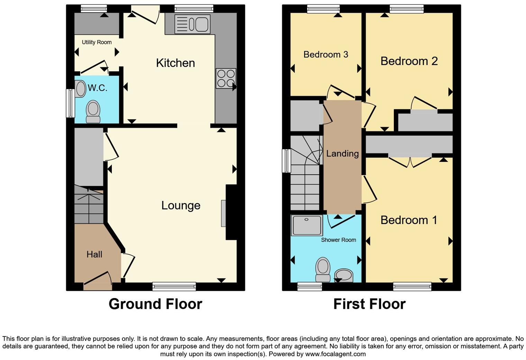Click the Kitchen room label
175,63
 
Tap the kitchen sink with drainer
192,24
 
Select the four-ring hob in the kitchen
226,79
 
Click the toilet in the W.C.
93,112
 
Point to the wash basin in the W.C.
80,89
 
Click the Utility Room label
97,42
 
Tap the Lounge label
181,205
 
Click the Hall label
94,255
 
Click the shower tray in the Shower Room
307,225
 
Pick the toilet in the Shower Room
323,269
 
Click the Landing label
342,154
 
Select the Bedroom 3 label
326,55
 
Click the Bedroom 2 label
409,61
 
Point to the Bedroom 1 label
409,220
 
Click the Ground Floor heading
155,304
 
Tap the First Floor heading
369,304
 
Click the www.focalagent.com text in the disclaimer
335,354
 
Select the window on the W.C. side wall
70,103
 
